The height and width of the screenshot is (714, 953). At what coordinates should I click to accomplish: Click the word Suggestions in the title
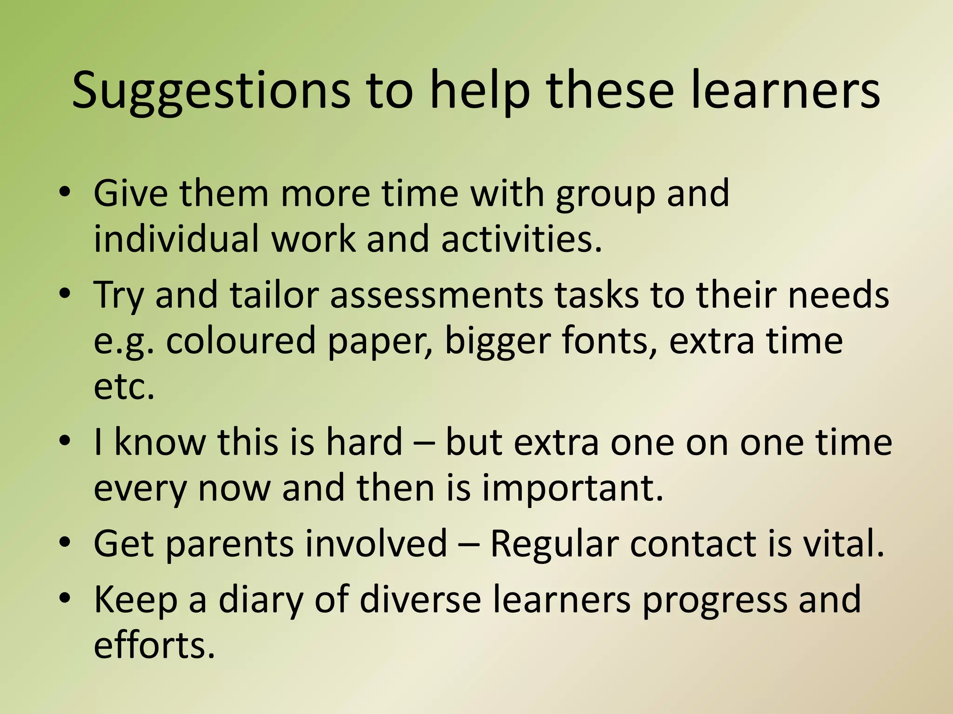(x=210, y=91)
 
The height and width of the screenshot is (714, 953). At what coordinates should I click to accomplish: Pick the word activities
(x=521, y=238)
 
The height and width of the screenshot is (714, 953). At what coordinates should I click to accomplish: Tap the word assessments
(x=436, y=295)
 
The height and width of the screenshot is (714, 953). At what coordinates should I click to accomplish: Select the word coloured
(x=241, y=341)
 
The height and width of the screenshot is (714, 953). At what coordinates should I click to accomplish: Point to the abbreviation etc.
(x=123, y=387)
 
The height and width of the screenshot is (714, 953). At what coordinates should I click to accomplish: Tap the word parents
(x=229, y=544)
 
